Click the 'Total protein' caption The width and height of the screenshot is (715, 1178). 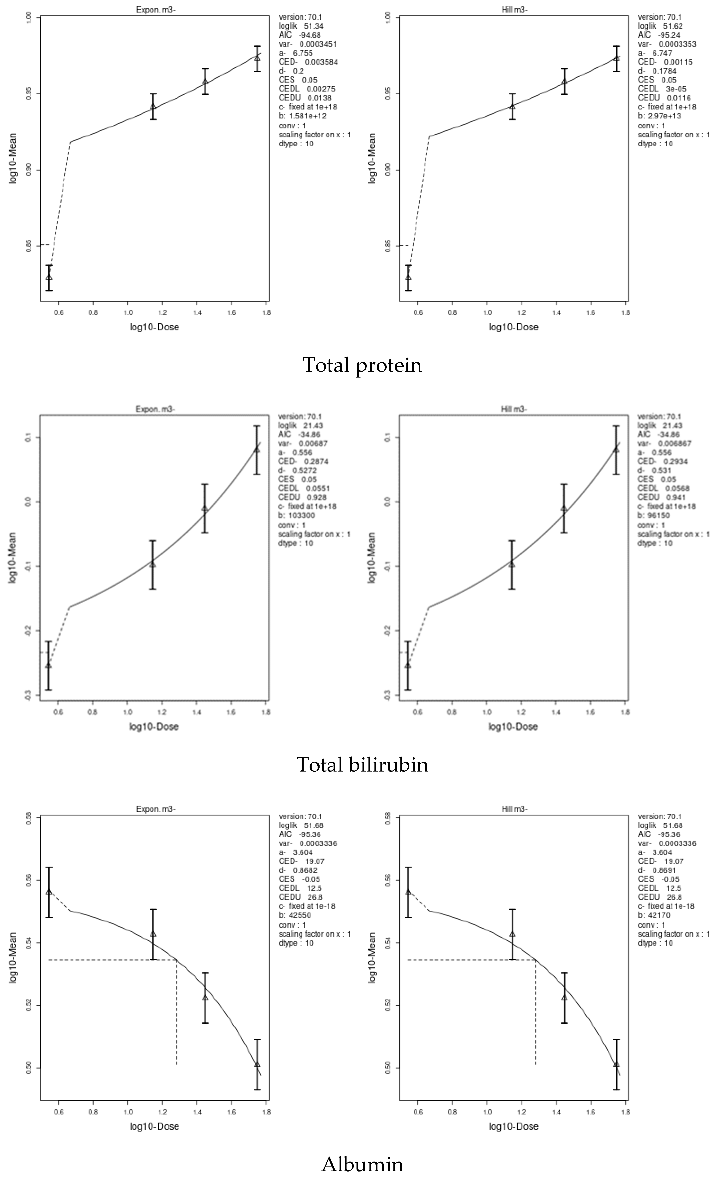point(362,365)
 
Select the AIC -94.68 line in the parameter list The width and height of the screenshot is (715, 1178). point(300,35)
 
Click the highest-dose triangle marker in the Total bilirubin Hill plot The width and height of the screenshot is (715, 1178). point(616,449)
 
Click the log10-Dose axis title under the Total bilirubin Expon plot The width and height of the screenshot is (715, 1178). point(154,727)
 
